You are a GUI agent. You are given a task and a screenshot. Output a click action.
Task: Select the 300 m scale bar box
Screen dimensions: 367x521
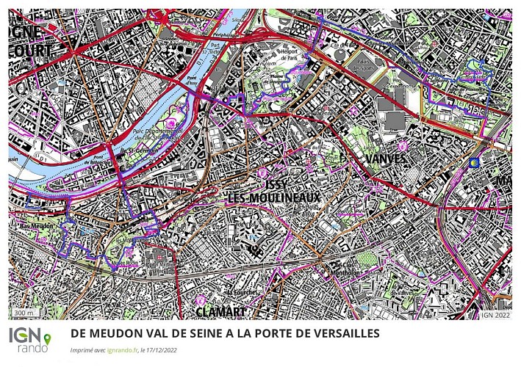point(25,313)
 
